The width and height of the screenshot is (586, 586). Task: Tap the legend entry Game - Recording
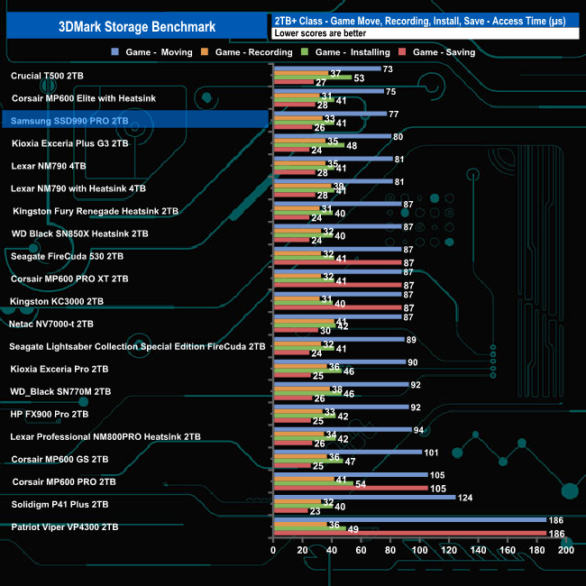point(252,52)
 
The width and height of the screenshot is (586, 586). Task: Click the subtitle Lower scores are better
point(320,32)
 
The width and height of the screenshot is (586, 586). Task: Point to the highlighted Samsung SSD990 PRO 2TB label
point(69,120)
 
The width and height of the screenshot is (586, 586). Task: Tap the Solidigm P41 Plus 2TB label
point(60,504)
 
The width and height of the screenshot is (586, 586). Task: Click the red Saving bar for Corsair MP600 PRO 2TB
point(350,489)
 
